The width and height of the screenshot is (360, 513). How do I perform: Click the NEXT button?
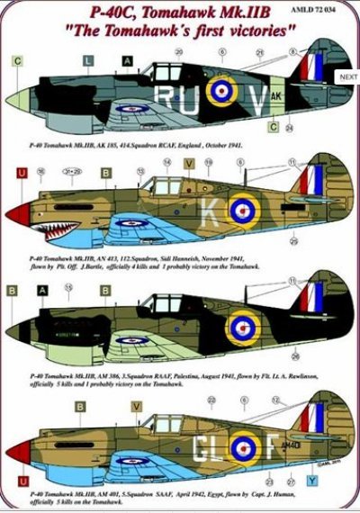coord(348,77)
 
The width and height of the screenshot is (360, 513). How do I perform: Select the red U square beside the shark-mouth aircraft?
coord(20,171)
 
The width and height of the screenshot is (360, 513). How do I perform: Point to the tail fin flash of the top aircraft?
coord(313,67)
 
